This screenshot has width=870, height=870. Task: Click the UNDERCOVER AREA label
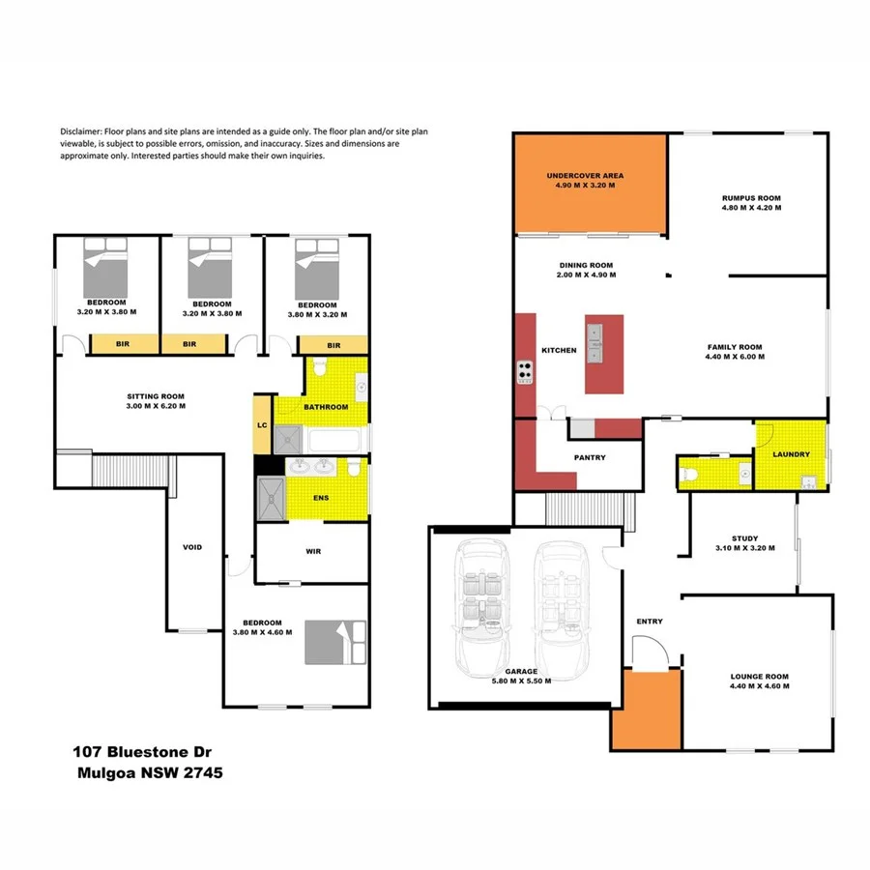coord(585,176)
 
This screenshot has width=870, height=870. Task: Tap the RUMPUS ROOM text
coord(750,198)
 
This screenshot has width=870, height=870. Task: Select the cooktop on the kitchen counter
coord(527,368)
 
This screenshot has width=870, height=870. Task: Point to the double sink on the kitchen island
coord(596,340)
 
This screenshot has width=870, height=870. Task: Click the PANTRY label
coord(589,457)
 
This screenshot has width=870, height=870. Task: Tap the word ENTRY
coord(650,622)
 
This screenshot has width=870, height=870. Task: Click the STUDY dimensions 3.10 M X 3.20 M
coord(744,548)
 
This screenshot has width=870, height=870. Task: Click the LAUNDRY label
coord(791,454)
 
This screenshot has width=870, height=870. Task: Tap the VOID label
coord(192,547)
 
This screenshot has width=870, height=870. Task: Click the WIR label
coord(312,551)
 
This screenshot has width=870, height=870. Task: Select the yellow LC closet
coord(262,425)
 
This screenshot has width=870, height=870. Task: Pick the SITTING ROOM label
coord(156,396)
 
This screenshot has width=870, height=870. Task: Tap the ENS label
coord(322,499)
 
